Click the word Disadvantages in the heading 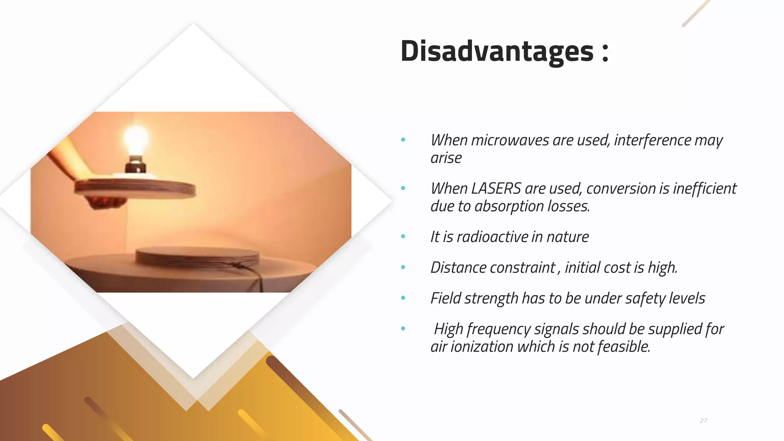[x=497, y=51]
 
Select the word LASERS [x=496, y=189]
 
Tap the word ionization [x=482, y=347]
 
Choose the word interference [x=652, y=140]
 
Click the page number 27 [x=703, y=421]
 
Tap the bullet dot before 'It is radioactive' [x=403, y=237]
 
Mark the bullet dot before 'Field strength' [x=403, y=298]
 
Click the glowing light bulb [x=136, y=140]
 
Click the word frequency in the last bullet [x=498, y=329]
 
